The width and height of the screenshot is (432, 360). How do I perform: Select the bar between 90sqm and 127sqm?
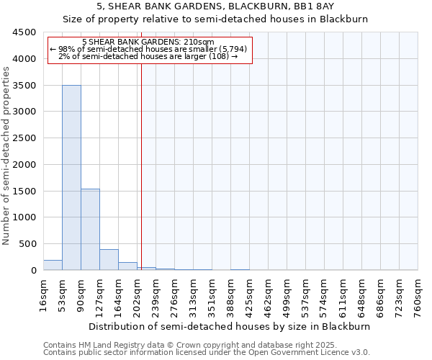(x=90, y=229)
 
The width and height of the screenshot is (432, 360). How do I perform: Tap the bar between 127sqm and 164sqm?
(x=109, y=260)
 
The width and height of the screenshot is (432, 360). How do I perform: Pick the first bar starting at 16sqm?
(x=53, y=265)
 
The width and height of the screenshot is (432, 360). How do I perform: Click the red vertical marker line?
(x=141, y=158)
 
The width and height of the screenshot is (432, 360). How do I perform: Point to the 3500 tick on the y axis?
(x=27, y=85)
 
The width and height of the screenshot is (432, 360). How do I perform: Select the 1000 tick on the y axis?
(x=27, y=217)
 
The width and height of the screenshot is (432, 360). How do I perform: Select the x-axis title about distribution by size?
(x=229, y=326)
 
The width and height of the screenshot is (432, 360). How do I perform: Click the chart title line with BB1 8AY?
(x=215, y=7)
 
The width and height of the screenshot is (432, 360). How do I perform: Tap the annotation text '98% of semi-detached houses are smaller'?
(x=149, y=49)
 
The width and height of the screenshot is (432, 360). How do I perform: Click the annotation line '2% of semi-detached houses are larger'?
(x=148, y=56)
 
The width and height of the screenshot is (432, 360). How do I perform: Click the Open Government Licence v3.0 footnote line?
(x=207, y=352)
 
